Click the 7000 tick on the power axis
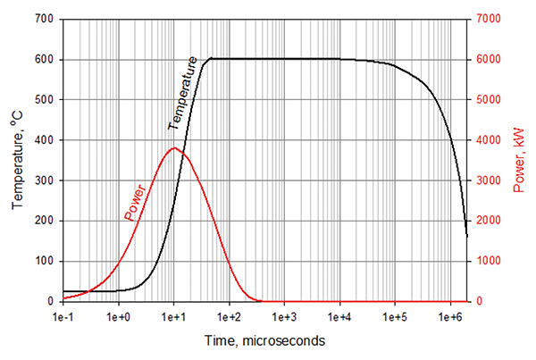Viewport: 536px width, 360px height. click(489, 20)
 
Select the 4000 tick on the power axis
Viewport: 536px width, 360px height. click(489, 140)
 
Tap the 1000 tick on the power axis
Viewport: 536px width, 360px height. click(489, 262)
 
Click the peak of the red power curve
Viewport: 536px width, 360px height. click(174, 148)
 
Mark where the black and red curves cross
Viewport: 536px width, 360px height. click(185, 153)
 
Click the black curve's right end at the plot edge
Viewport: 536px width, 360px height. click(467, 237)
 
